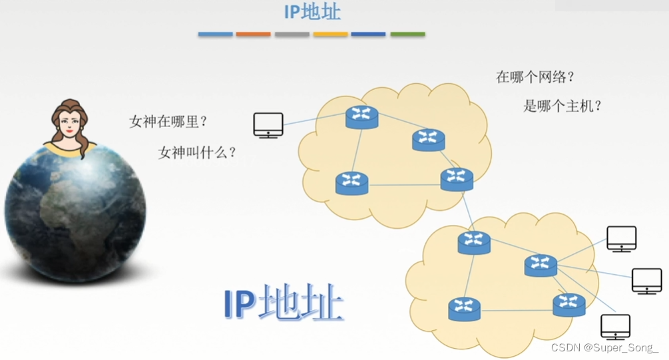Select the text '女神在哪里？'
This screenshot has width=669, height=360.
(168, 122)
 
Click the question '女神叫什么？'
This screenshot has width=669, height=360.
(197, 152)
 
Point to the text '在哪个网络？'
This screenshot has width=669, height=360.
(535, 77)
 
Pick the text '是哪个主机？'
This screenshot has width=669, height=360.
(562, 105)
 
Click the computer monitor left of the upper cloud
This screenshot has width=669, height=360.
(268, 124)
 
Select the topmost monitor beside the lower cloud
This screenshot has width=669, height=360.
(621, 238)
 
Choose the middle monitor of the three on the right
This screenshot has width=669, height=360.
(646, 280)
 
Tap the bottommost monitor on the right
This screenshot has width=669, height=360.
(615, 327)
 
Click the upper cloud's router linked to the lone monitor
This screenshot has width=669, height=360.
(361, 117)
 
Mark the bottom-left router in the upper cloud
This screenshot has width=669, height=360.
(351, 183)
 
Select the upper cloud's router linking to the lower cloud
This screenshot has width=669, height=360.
(457, 179)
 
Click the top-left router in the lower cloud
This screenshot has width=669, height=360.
(474, 242)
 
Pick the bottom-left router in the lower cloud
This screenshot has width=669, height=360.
(464, 309)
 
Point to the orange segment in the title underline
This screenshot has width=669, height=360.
(253, 34)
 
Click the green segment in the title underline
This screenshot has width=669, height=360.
(407, 34)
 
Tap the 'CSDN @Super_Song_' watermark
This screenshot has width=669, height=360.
(605, 347)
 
